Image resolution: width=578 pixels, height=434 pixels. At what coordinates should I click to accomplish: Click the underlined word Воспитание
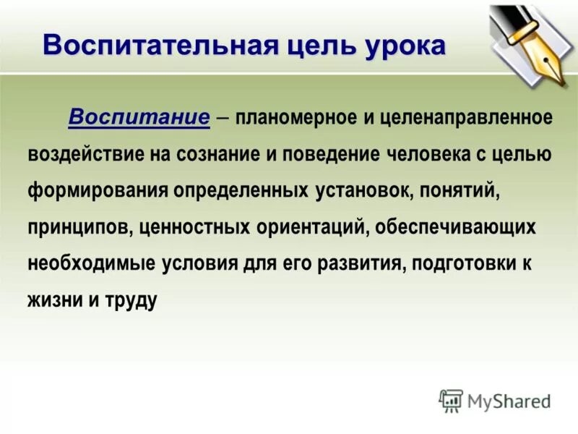139,117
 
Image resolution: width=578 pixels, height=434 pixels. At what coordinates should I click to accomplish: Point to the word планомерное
294,117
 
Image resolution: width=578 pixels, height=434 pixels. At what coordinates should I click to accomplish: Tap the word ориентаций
314,227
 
